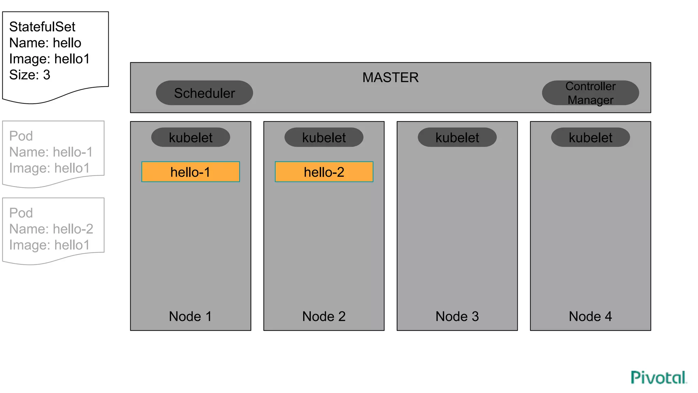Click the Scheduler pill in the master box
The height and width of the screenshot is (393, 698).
pos(204,93)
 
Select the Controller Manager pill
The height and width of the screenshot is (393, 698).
pos(590,93)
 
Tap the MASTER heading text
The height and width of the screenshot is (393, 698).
pos(390,77)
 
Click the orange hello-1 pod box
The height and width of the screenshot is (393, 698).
pos(191,172)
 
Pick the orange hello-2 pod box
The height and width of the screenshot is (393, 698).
pos(324,172)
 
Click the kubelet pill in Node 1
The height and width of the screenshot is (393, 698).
pos(191,137)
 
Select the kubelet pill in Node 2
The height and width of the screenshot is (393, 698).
pos(324,137)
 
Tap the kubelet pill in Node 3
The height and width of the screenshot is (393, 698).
pos(457,137)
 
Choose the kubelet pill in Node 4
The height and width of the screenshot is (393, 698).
pos(590,137)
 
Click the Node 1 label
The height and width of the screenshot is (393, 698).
pos(190,316)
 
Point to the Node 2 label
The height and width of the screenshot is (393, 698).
pos(324,316)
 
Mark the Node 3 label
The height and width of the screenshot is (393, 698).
pos(457,316)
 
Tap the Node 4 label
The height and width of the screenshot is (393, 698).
pos(590,316)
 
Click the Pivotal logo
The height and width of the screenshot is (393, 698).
pos(658,377)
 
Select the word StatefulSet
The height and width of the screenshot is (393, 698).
pos(42,27)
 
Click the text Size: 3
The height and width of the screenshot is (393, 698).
pos(30,75)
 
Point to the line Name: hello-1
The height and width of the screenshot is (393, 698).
pos(51,152)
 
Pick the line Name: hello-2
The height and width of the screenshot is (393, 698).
pos(51,229)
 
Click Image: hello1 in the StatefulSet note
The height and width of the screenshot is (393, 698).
pos(49,59)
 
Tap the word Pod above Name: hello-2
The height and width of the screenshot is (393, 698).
pos(21,213)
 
